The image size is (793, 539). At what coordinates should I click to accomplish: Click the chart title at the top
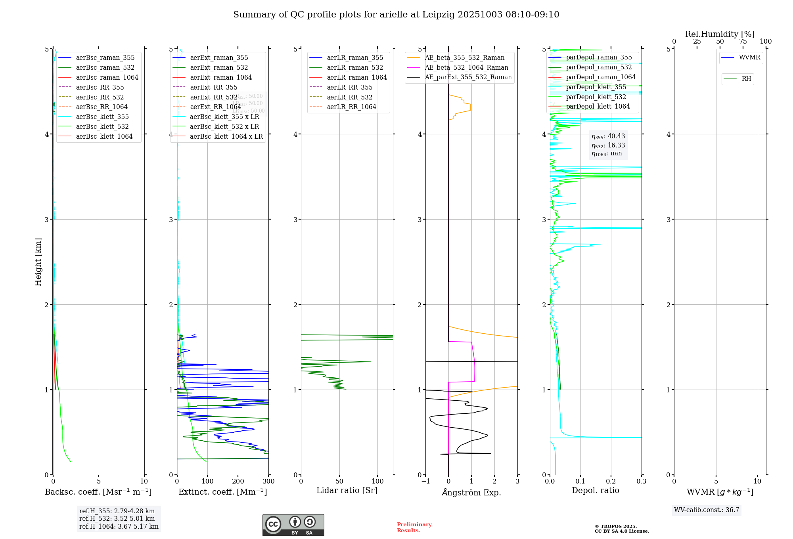coord(396,15)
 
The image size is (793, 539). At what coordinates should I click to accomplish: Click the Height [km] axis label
coord(38,262)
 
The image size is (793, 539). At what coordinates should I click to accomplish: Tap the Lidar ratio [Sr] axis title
coord(347,490)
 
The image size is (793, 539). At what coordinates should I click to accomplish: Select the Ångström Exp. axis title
coord(471,492)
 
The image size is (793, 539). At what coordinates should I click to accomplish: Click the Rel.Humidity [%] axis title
coord(720,34)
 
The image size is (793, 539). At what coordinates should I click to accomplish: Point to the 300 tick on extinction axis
coord(268,481)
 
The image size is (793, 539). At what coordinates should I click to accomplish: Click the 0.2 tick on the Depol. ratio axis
coord(611,481)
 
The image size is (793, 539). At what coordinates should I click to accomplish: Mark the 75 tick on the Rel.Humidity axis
coord(743,41)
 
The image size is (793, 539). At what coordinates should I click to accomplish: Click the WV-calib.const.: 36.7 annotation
coord(707,510)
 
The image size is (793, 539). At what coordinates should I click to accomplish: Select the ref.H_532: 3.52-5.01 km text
coord(117,518)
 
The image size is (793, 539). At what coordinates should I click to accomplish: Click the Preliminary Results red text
coord(414,527)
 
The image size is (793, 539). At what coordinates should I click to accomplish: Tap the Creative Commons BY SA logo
coord(293,525)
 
